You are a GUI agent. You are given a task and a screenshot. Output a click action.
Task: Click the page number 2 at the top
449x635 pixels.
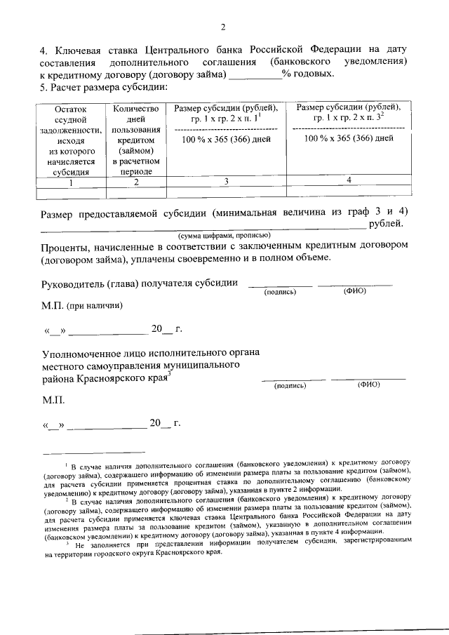223,28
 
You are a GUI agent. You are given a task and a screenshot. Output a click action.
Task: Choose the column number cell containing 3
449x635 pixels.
227,182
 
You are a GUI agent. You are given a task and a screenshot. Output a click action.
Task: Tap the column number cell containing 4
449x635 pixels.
349,181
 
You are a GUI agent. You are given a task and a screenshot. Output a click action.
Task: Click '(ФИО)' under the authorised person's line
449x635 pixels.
368,385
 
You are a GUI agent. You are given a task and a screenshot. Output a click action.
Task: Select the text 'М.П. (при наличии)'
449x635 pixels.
82,306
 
